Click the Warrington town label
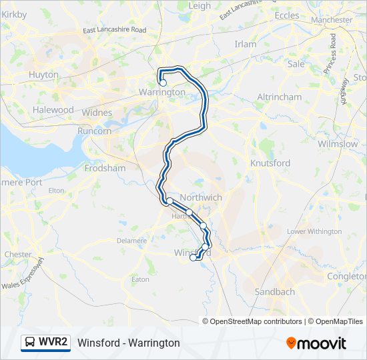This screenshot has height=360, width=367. pos(161,92)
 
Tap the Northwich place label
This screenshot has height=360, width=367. pos(201,197)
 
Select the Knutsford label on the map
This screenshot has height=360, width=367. pos(270,163)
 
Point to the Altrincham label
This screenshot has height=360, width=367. pos(280,97)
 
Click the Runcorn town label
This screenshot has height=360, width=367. pos(95,131)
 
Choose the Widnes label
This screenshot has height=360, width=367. pos(97,113)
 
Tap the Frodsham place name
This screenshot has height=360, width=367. pos(105,169)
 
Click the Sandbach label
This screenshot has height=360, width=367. pos(275,292)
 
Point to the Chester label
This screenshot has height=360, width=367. pos(18,254)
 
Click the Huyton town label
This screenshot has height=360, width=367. pos(44,75)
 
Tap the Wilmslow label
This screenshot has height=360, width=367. pos(338,144)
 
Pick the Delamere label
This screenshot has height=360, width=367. pos(131,240)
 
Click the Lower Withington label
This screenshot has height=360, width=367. pos(314,231)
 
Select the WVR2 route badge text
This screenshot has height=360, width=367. pos(53,343)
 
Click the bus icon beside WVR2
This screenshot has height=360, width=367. pos(31,343)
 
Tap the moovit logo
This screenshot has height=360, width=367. pos(316,343)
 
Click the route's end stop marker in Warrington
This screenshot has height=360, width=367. pos(163,83)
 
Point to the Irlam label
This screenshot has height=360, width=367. pos(246,44)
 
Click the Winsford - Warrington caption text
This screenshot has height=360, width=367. pos(129,343)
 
